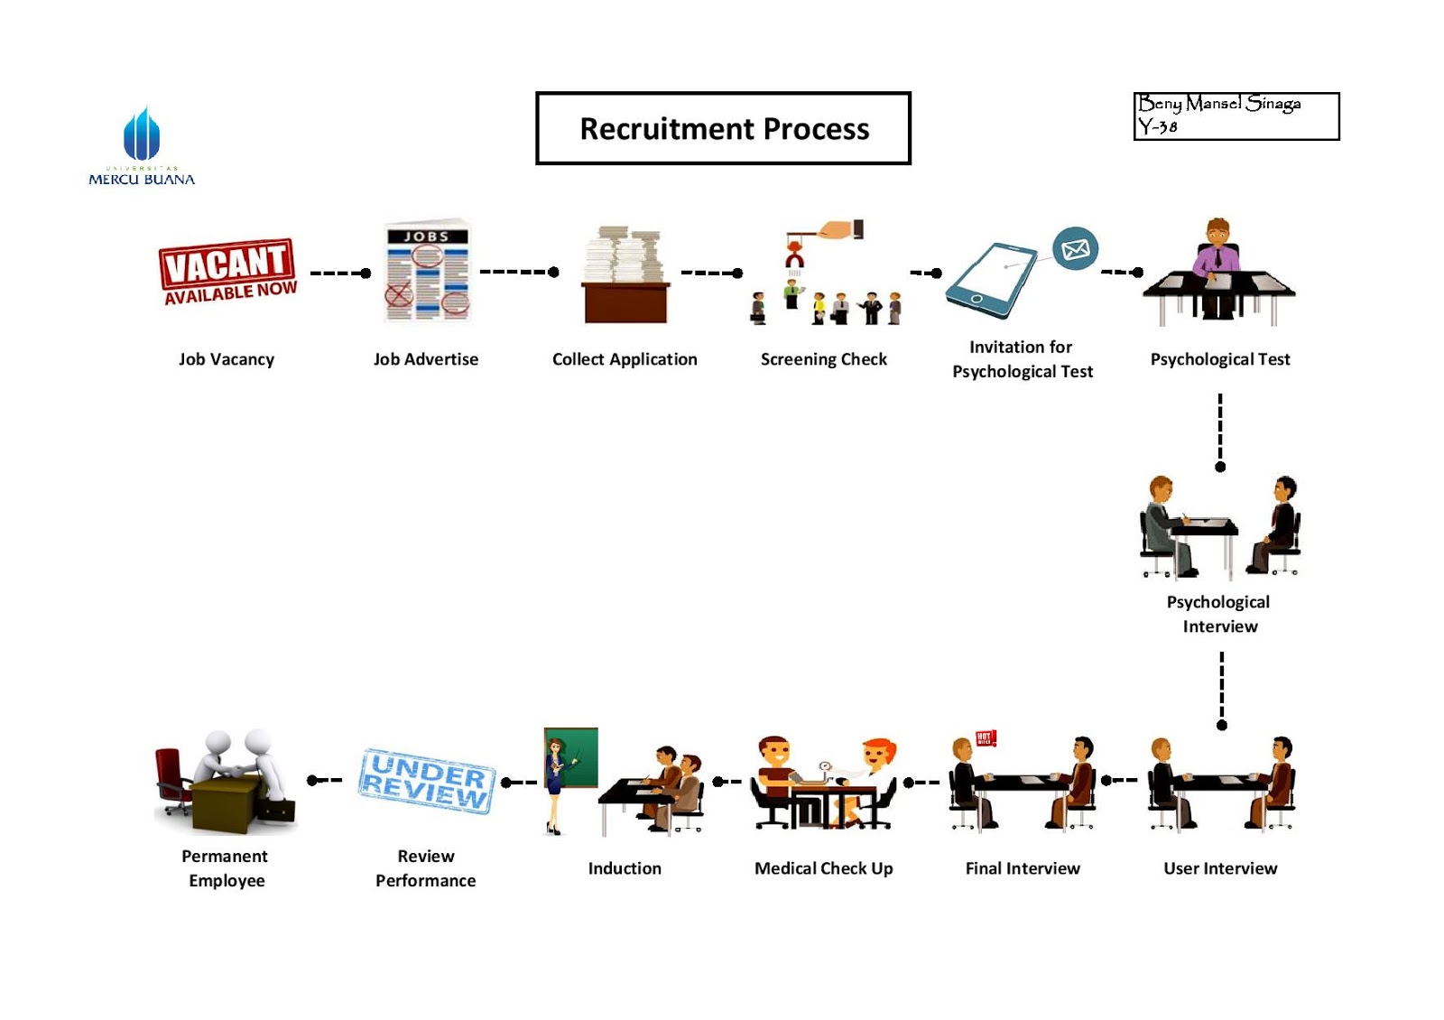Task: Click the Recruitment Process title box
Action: click(x=723, y=128)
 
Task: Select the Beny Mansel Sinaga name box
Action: click(x=1236, y=116)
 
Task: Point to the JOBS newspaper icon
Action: click(x=427, y=271)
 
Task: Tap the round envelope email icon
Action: click(x=1075, y=248)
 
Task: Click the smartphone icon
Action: click(x=991, y=280)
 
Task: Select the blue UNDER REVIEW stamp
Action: click(x=427, y=780)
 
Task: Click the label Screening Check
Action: click(x=823, y=359)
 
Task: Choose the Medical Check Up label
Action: click(x=823, y=868)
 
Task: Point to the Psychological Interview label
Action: click(x=1219, y=614)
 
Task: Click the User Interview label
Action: click(x=1220, y=868)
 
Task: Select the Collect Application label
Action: click(x=625, y=359)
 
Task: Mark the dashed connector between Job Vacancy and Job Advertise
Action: click(x=339, y=273)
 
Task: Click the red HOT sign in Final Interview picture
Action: click(x=985, y=737)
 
